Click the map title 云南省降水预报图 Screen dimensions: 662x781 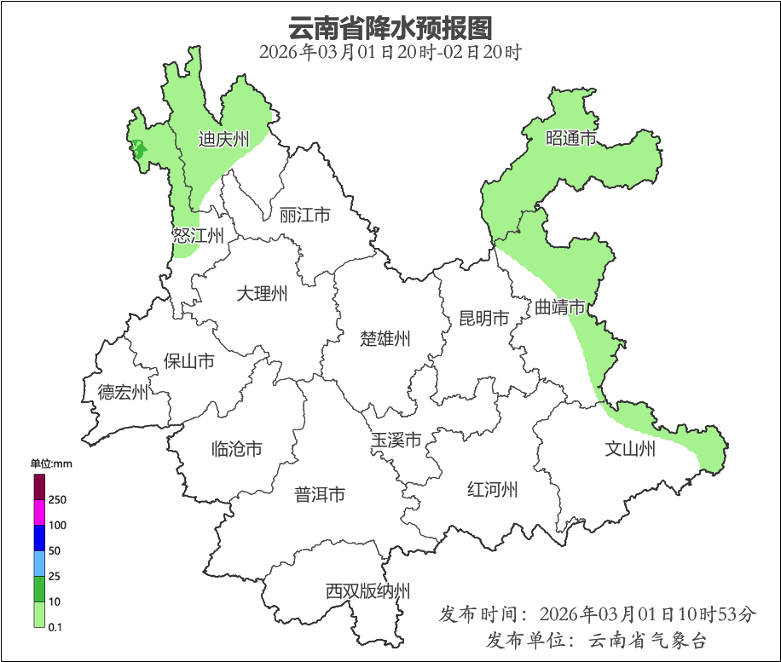pyautogui.click(x=390, y=27)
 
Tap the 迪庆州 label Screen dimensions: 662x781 pyautogui.click(x=223, y=139)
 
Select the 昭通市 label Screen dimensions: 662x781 pyautogui.click(x=570, y=138)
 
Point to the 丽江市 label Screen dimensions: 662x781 pyautogui.click(x=304, y=216)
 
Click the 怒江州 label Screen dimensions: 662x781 pyautogui.click(x=198, y=236)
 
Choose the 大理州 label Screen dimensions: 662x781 pyautogui.click(x=262, y=295)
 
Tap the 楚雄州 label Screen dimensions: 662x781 pyautogui.click(x=385, y=339)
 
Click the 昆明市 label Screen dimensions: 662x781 pyautogui.click(x=483, y=319)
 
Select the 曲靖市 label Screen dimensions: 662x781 pyautogui.click(x=560, y=307)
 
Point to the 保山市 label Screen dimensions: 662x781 pyautogui.click(x=188, y=361)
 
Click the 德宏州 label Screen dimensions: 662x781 pyautogui.click(x=123, y=393)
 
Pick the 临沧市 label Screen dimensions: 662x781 pyautogui.click(x=236, y=449)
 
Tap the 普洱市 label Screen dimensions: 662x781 pyautogui.click(x=320, y=494)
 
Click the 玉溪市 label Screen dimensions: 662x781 pyautogui.click(x=396, y=440)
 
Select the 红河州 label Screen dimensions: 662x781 pyautogui.click(x=493, y=490)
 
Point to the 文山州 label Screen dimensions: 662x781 pyautogui.click(x=630, y=449)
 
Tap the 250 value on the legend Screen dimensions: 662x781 pyautogui.click(x=58, y=499)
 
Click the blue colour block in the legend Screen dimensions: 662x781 pyautogui.click(x=39, y=538)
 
